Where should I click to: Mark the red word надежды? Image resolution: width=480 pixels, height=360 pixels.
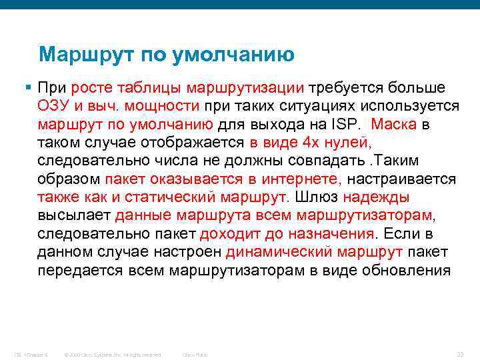pyautogui.click(x=377, y=197)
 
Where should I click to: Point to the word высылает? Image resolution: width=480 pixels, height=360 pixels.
pyautogui.click(x=74, y=215)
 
